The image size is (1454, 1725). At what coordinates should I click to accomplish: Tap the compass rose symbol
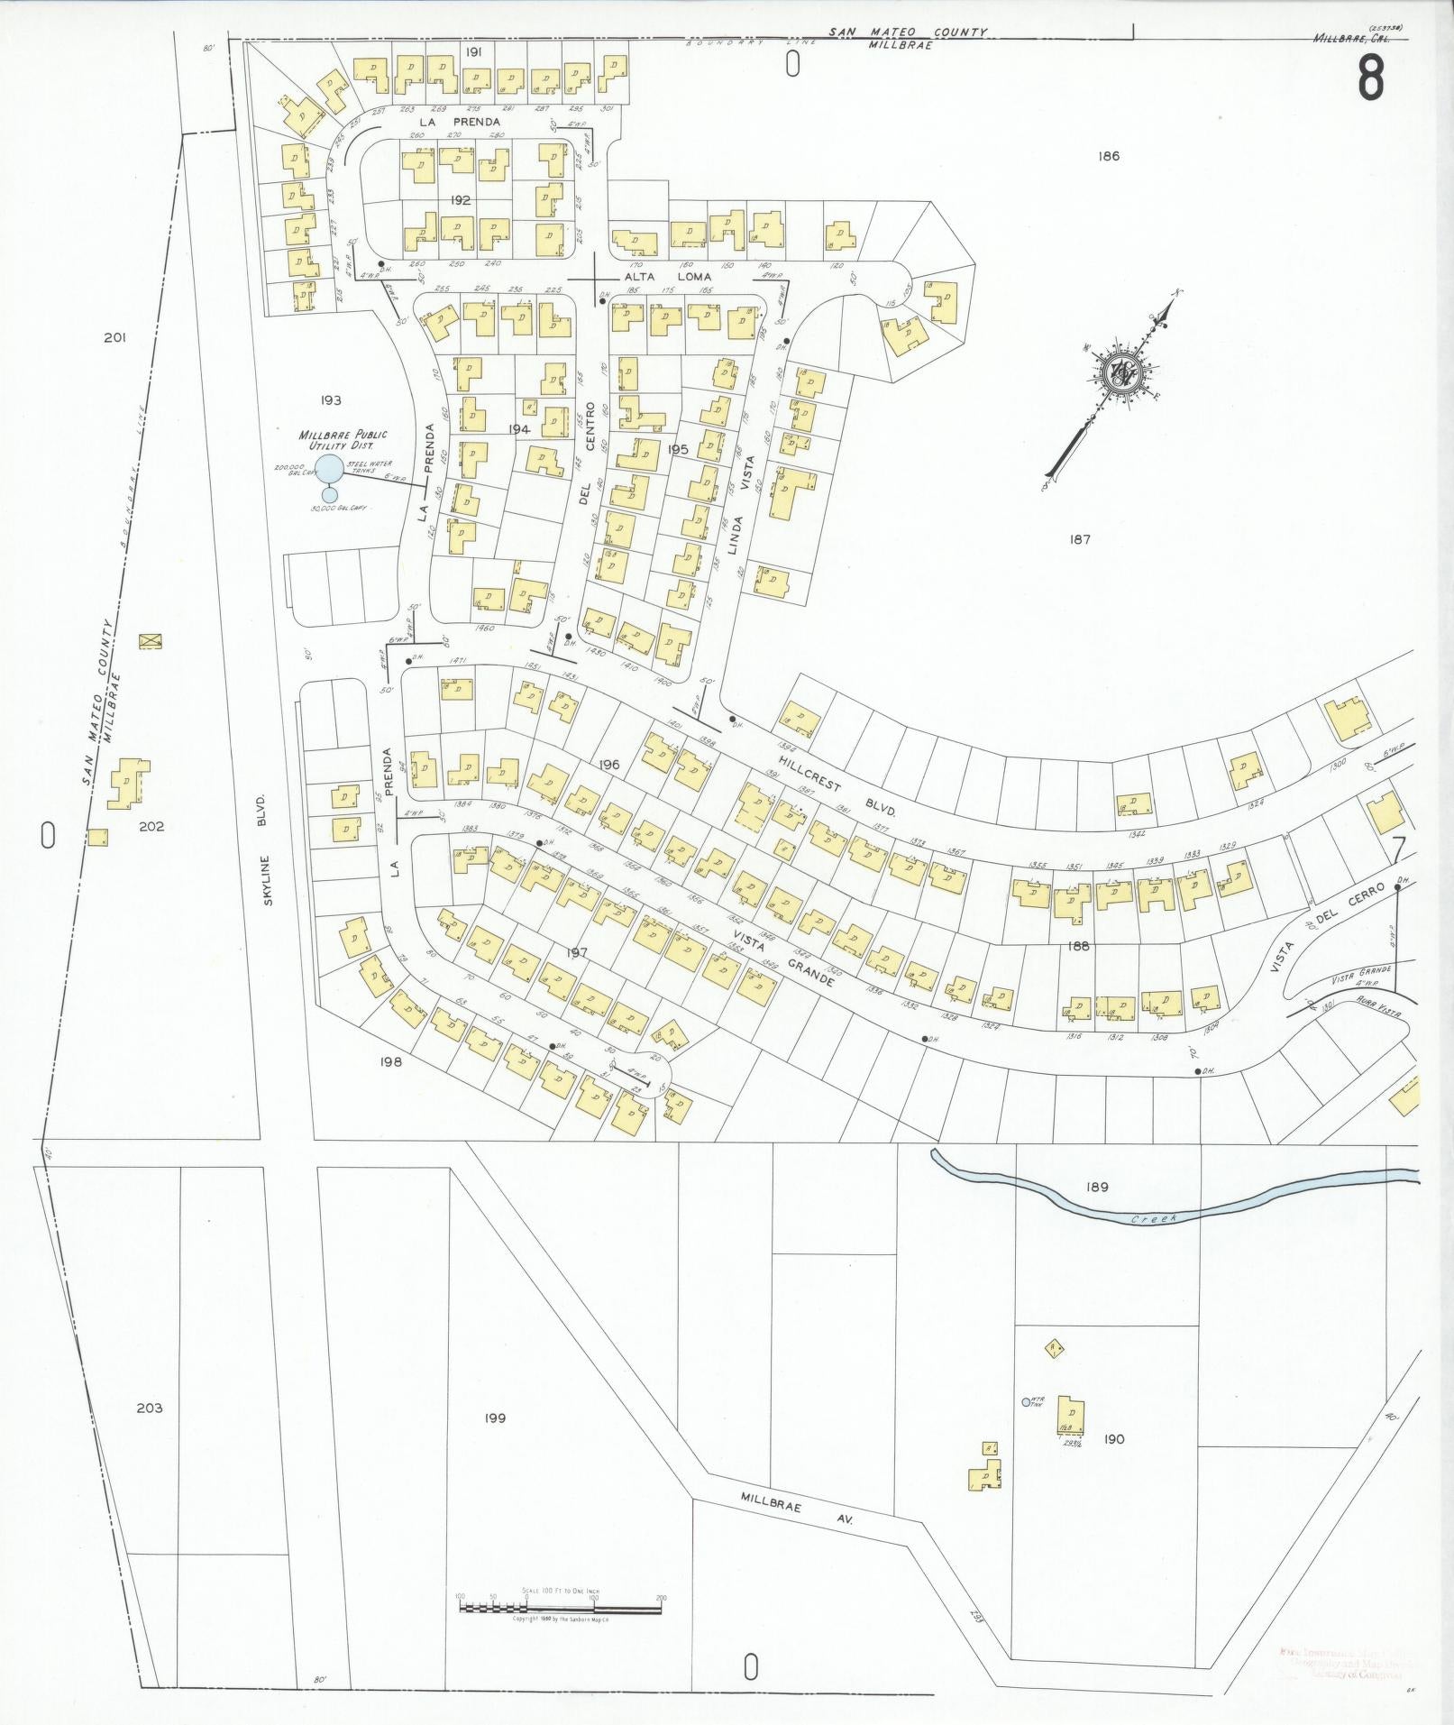(1121, 372)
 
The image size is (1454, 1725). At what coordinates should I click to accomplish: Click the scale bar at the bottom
(560, 1608)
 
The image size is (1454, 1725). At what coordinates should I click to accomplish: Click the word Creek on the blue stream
(1155, 1219)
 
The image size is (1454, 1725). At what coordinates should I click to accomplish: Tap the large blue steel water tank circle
(331, 469)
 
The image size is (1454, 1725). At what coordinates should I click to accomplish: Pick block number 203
(150, 1433)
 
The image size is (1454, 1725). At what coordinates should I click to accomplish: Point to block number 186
(1109, 156)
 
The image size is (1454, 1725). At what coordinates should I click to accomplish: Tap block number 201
(114, 338)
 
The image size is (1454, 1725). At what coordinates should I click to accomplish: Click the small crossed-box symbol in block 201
(150, 641)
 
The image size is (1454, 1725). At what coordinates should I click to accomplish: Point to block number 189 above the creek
(1097, 1188)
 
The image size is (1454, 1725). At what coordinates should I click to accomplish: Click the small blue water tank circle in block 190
(1024, 1427)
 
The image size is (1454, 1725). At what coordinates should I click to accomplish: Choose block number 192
(460, 200)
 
